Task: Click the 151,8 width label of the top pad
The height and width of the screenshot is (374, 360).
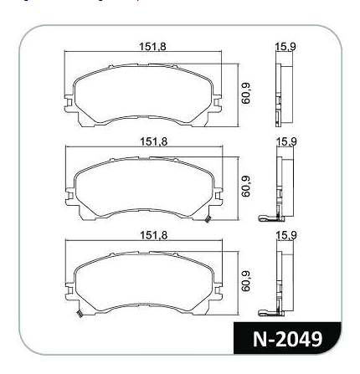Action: (x=152, y=46)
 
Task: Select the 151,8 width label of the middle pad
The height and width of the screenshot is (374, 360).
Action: (x=154, y=141)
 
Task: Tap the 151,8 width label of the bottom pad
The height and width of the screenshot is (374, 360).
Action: (x=154, y=235)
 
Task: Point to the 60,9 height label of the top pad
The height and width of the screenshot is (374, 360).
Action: (x=246, y=93)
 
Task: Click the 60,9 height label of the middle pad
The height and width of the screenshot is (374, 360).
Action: (x=246, y=187)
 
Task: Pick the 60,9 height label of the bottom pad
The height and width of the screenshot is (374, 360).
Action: (x=246, y=281)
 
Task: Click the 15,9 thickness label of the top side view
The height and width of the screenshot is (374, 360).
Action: (x=285, y=47)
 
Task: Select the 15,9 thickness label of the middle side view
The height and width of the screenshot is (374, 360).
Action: (x=286, y=141)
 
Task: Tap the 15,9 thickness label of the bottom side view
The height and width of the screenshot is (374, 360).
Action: (x=286, y=235)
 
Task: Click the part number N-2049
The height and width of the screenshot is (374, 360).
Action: (x=288, y=339)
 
